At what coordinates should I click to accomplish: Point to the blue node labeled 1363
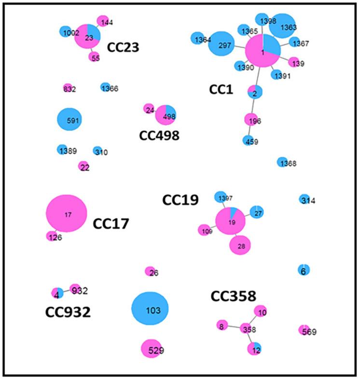(282, 26)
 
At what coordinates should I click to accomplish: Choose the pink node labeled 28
(240, 245)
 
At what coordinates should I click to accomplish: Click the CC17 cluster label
(111, 224)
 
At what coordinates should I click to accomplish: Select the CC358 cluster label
(233, 296)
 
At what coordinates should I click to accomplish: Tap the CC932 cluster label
(68, 312)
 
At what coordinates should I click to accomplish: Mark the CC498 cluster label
(159, 136)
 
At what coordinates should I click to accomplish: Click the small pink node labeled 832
(67, 88)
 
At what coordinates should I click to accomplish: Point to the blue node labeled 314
(305, 199)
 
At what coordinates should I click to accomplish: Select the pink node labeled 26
(150, 272)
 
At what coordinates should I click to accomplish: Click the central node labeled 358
(247, 329)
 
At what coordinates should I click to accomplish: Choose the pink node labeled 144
(103, 21)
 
